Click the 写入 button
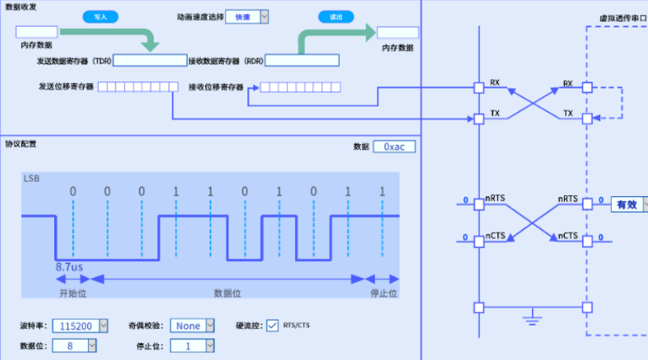[x=100, y=16]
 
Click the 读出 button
[x=336, y=16]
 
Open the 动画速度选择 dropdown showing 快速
[x=247, y=16]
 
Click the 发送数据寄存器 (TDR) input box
[x=149, y=60]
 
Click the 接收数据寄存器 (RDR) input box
[x=301, y=60]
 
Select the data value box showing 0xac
[x=394, y=147]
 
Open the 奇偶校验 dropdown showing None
[x=192, y=325]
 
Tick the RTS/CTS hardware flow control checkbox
[x=272, y=325]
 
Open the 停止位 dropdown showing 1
[x=187, y=345]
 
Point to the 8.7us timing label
[x=69, y=267]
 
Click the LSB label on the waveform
[x=31, y=179]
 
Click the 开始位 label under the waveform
[x=72, y=293]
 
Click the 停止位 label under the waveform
[x=384, y=293]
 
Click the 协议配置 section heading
[x=20, y=143]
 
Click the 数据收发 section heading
[x=20, y=6]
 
